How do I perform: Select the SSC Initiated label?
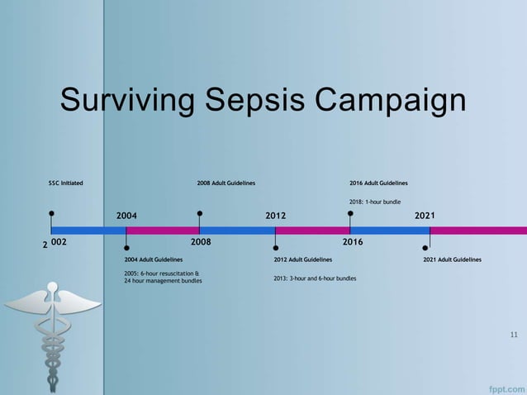tap(65, 183)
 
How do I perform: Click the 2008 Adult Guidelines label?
tap(226, 183)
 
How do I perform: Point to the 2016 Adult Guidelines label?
tap(378, 183)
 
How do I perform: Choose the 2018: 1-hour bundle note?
tap(376, 202)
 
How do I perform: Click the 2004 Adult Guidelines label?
tap(153, 259)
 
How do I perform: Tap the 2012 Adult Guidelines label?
tap(302, 259)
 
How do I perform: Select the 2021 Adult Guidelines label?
tap(452, 259)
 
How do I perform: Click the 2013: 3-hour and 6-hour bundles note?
tap(315, 278)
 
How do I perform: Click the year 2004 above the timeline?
tap(126, 216)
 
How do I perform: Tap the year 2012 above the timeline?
tap(276, 216)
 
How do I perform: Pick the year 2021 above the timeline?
tap(425, 216)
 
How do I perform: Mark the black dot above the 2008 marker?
tap(200, 212)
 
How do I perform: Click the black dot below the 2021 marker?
tap(425, 247)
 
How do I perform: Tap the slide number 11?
tap(514, 335)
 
